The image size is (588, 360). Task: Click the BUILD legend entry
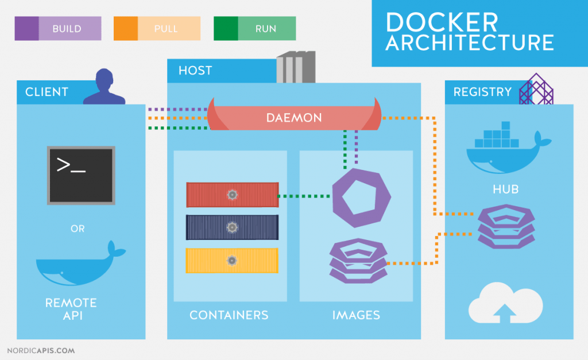pos(57,28)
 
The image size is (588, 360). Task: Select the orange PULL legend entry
pos(157,28)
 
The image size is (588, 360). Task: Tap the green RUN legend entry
pos(255,28)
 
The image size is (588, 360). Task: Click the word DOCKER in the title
pos(442,22)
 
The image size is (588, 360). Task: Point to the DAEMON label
pos(294,118)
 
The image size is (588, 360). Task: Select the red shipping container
pos(232,195)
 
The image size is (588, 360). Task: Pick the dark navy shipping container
pos(232,227)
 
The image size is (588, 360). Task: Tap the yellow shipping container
pos(232,260)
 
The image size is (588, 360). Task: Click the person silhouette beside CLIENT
pos(104,87)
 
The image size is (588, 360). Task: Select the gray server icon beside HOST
pos(296,67)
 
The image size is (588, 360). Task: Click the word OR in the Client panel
pos(78,229)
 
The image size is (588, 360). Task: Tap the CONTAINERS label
pos(229,315)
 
